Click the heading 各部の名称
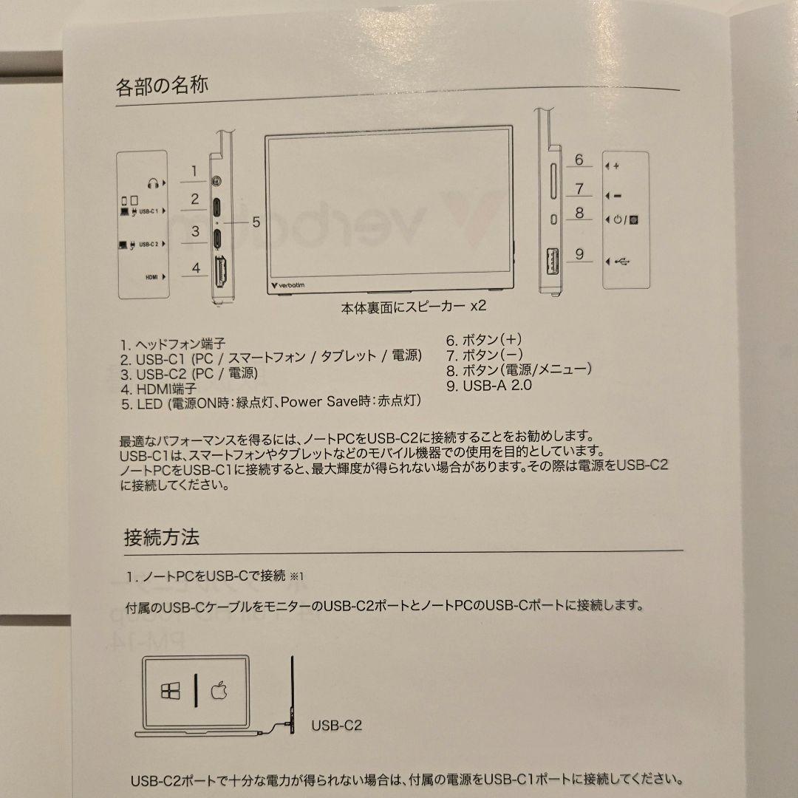[x=162, y=85]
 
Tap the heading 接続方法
[x=161, y=537]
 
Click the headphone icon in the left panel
[x=153, y=182]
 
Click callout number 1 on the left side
[x=194, y=172]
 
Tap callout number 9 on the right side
[x=579, y=254]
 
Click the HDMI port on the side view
[x=219, y=273]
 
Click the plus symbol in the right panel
[x=616, y=166]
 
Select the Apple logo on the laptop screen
[x=219, y=690]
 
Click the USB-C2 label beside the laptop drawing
[x=337, y=726]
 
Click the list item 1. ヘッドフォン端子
[x=173, y=344]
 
